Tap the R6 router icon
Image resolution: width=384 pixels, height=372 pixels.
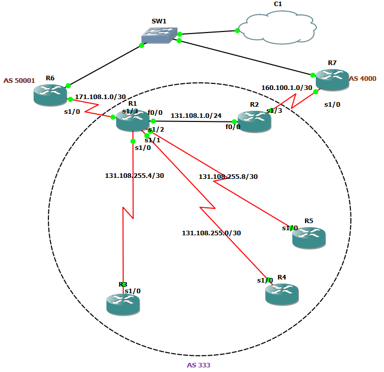50,95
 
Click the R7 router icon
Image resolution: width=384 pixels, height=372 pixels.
332,80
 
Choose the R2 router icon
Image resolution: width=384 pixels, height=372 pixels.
254,122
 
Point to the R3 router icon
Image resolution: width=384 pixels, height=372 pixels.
123,304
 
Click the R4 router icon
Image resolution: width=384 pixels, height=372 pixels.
282,294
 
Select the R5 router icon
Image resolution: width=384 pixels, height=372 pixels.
309,237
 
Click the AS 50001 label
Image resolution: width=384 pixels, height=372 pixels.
19,81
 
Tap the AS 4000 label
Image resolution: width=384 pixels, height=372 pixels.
364,79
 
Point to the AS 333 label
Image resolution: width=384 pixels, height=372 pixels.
198,365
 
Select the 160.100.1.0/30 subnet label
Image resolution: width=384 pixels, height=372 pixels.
286,87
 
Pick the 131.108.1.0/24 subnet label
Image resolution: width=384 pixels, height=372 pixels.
196,115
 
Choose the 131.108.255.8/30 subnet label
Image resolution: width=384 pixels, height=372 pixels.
228,177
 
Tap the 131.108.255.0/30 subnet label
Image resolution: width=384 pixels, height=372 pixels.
211,233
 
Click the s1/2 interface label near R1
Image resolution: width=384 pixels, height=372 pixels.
156,130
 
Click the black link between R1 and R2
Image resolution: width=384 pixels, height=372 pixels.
194,121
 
